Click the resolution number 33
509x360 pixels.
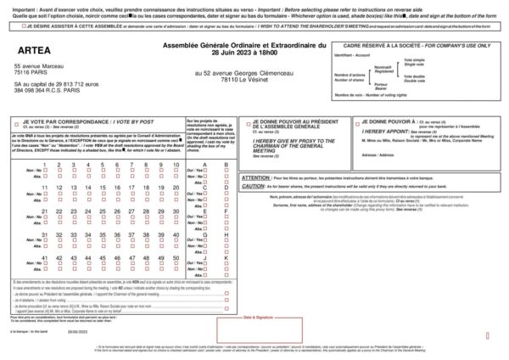[x=75, y=234]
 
